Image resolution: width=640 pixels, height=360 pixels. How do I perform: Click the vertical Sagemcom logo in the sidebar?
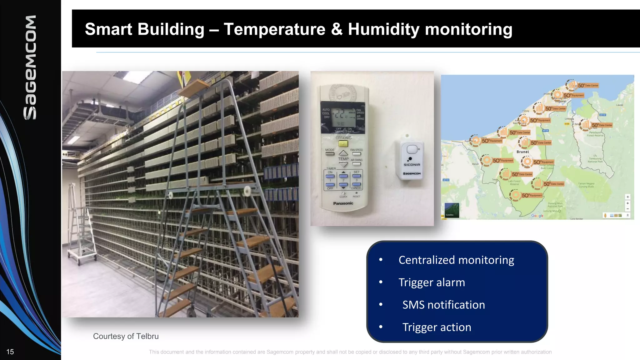point(30,67)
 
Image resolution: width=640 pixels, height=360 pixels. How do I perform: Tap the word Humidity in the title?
point(384,29)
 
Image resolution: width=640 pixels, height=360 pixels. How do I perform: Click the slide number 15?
point(10,352)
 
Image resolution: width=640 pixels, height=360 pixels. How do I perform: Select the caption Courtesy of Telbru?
point(126,336)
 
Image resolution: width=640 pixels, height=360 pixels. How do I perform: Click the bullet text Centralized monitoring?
point(456,260)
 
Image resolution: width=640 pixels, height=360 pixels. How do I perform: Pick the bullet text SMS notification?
point(443,305)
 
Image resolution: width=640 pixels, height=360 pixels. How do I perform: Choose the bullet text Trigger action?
point(436,327)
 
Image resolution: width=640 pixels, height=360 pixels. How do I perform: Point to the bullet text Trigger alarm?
point(432,282)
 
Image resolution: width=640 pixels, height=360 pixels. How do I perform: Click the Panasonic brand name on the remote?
point(343,203)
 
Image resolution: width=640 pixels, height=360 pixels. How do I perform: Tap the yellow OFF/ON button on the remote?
point(343,144)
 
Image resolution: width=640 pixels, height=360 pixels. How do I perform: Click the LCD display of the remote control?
point(343,117)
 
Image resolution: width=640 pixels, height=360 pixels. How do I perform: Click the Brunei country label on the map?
point(522,152)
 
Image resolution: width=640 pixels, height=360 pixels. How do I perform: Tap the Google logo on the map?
point(537,216)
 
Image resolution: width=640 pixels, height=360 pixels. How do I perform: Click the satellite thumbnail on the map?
point(452,210)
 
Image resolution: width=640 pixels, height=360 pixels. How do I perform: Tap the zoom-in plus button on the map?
point(627,203)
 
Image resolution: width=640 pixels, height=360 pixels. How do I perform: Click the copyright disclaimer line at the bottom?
point(350,352)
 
